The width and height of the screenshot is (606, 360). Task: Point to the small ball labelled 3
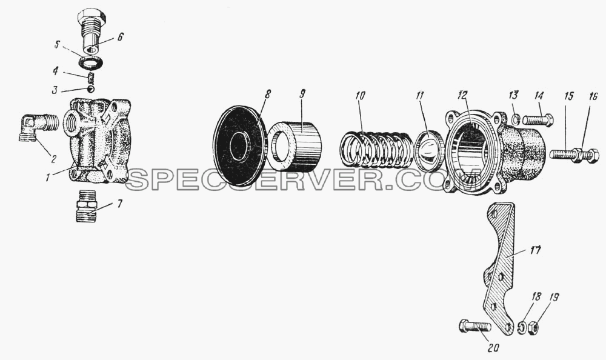point(91,89)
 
